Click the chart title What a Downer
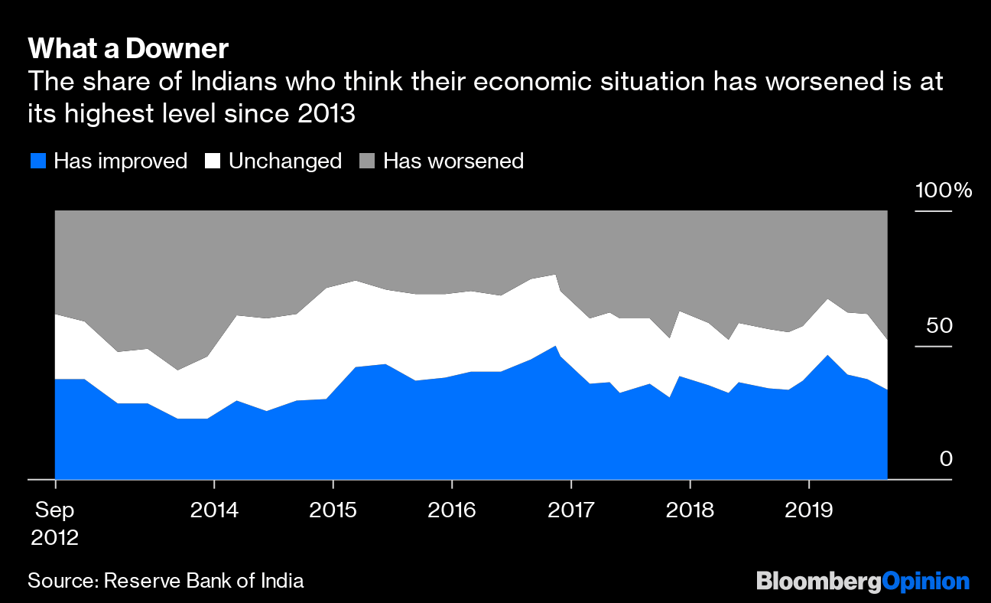tap(128, 50)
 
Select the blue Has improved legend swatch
tap(38, 161)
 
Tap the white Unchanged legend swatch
tap(213, 161)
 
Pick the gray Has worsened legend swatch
tap(369, 161)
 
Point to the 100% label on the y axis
tap(944, 191)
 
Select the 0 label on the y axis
tap(946, 458)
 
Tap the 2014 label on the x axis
tap(214, 510)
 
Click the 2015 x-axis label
tap(333, 510)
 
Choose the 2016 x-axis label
tap(452, 510)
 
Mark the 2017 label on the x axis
tap(571, 510)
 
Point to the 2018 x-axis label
tap(690, 510)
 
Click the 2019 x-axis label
tap(809, 510)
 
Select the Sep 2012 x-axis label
tap(55, 523)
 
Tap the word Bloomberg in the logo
tap(818, 581)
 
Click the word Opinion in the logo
tap(925, 581)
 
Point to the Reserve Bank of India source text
tap(203, 581)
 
